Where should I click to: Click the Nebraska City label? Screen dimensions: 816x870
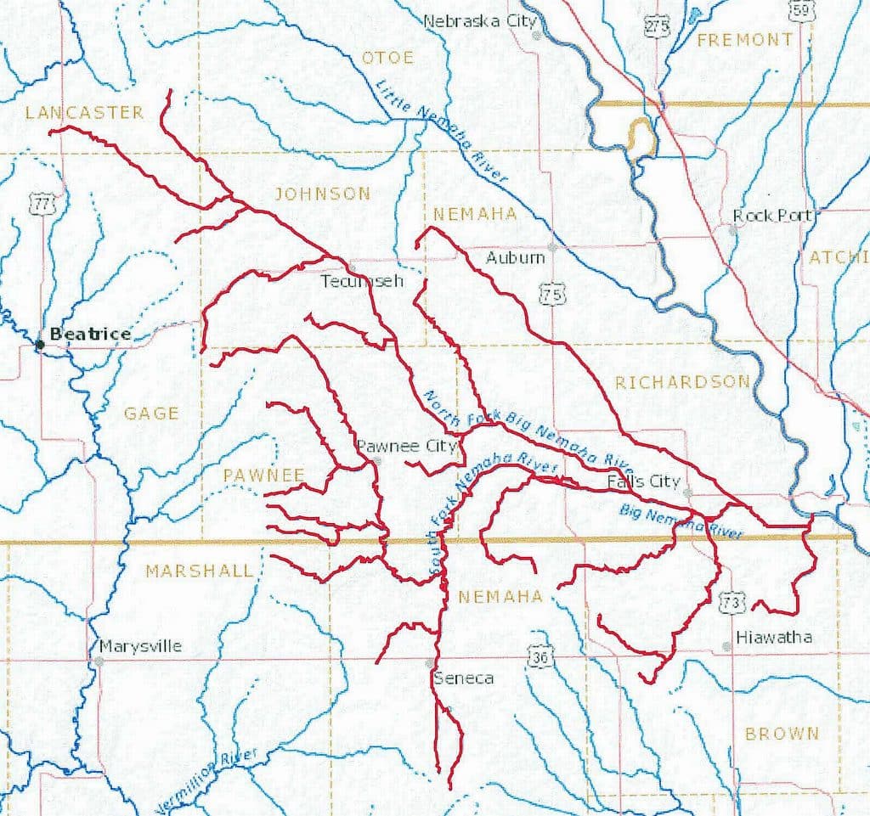point(480,20)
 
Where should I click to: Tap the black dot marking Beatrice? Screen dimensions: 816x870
point(39,344)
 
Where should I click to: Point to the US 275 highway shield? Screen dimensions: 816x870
point(657,25)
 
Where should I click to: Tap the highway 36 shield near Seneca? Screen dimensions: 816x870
point(538,656)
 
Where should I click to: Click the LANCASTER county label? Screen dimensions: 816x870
point(84,113)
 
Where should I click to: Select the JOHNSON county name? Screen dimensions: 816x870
point(322,194)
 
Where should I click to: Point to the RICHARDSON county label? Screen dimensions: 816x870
point(682,382)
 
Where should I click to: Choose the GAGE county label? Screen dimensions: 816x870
point(151,414)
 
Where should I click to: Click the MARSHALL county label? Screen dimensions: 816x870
point(199,571)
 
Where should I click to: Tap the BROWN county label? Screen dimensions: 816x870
point(782,733)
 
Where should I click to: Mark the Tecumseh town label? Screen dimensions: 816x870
point(361,280)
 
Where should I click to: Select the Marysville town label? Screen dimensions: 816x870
point(140,646)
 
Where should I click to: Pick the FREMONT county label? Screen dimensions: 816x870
point(744,39)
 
